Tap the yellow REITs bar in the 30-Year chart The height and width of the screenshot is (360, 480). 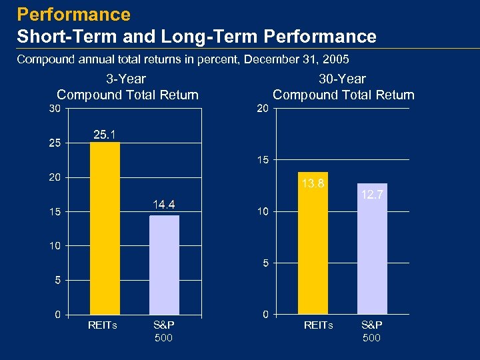pos(313,243)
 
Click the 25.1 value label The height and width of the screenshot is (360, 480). pos(105,135)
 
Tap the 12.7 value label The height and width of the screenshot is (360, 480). pos(372,195)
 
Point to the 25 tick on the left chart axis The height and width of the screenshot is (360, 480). pos(55,143)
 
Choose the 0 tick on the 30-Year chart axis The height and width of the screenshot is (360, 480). pos(265,314)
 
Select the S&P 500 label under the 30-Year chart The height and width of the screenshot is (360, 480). pos(371,331)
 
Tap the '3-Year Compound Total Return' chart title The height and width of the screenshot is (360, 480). pos(128,87)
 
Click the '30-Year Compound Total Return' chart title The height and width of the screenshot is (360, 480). pos(343,87)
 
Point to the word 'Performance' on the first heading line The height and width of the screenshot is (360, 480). pos(74,14)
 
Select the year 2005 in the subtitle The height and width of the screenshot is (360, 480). pos(335,60)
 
